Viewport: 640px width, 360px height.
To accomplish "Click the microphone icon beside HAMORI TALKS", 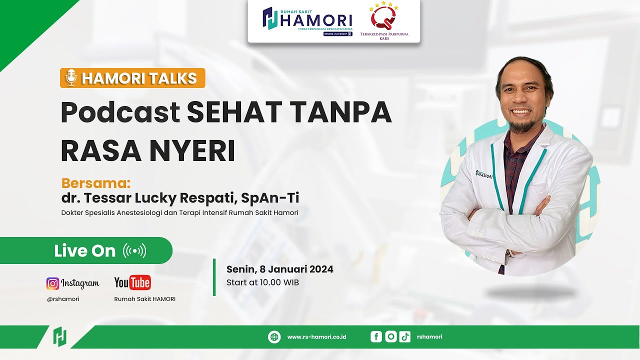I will [71, 78].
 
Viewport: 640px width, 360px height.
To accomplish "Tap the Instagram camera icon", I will [52, 283].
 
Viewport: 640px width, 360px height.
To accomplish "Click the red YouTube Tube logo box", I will [139, 283].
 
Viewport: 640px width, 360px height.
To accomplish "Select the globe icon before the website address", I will [274, 337].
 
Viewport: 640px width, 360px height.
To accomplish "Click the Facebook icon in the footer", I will [376, 337].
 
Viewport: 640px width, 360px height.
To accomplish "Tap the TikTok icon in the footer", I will [405, 337].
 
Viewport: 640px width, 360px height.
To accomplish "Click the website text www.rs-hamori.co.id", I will [316, 337].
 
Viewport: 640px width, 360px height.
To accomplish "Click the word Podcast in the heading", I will [120, 112].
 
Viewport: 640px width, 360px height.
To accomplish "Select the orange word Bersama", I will [95, 182].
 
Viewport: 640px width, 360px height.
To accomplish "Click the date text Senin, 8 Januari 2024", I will [279, 269].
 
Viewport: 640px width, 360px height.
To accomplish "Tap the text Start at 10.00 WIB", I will [262, 282].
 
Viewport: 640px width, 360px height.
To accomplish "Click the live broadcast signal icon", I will [134, 250].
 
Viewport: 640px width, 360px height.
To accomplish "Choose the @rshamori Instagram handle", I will [63, 299].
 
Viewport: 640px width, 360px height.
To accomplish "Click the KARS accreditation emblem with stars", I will [383, 17].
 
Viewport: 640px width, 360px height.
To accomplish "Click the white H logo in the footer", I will [60, 336].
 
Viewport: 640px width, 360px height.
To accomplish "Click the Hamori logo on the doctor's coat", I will [484, 174].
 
